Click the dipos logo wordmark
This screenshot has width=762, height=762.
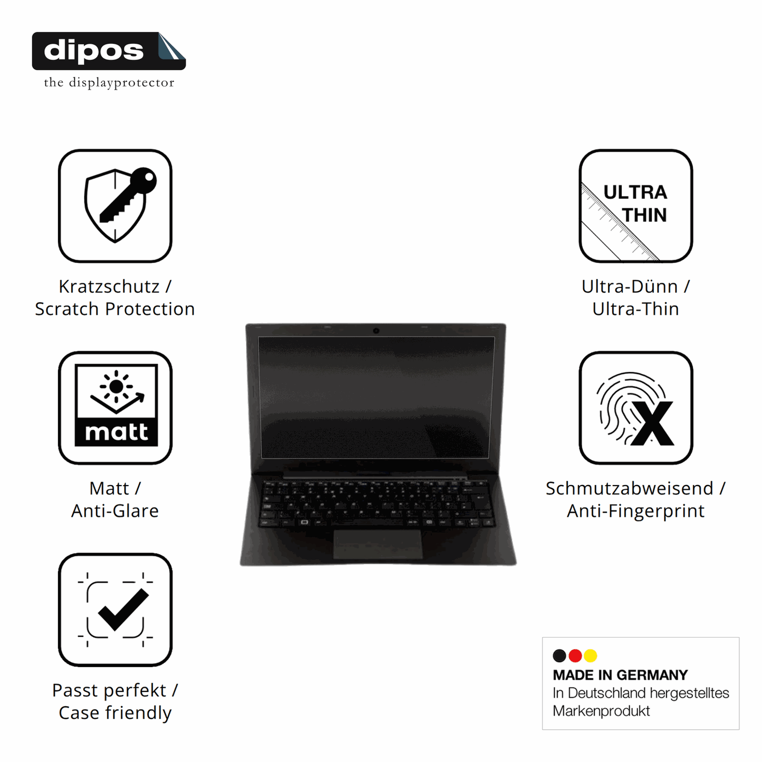94,51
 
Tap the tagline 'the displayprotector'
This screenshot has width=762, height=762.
109,83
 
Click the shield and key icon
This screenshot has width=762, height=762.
120,205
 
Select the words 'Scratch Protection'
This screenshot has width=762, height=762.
114,309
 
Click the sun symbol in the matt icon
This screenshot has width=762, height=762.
116,387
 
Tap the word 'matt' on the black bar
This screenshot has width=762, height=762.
116,432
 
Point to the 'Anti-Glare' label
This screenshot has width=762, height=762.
114,510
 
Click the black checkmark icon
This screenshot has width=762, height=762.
123,610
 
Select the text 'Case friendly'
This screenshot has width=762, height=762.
114,713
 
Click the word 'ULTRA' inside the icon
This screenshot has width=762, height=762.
635,192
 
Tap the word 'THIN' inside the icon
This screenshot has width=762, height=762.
644,215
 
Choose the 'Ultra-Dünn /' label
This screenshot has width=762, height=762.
635,286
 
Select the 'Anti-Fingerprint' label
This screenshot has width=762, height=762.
635,510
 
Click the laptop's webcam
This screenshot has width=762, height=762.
375,331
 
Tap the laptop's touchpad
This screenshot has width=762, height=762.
378,544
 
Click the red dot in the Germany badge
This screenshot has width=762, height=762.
575,655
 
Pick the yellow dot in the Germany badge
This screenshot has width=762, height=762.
591,655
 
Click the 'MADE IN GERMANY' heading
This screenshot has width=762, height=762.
620,675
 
